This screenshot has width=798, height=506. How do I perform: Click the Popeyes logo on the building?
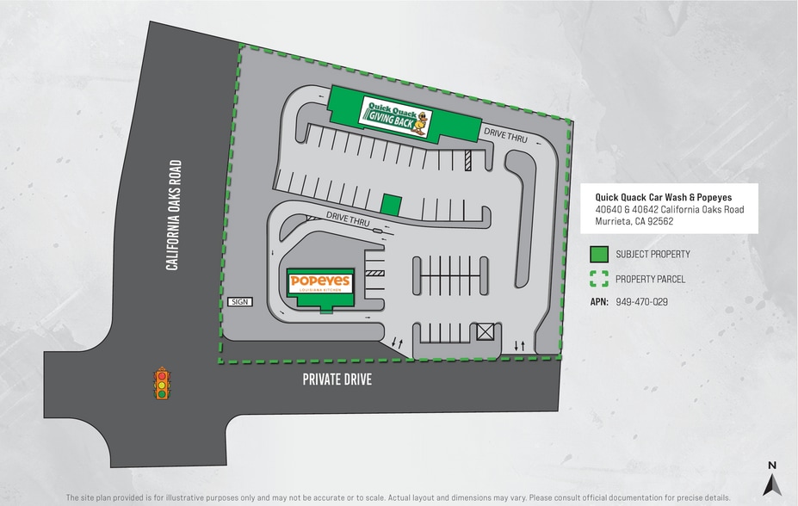319,283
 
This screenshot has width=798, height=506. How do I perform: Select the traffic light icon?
161,383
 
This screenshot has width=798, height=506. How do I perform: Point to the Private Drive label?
337,379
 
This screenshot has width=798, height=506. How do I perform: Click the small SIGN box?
238,302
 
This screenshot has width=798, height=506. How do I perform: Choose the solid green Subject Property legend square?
600,255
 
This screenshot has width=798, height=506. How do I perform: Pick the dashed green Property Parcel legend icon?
600,279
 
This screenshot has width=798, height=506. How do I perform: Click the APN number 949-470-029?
641,302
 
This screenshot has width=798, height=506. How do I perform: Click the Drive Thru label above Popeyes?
348,219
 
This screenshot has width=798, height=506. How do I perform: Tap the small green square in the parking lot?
392,204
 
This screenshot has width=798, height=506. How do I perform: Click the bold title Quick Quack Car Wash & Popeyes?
664,197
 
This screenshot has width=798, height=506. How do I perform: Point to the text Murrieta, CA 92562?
634,221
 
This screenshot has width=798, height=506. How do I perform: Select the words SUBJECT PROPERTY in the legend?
653,255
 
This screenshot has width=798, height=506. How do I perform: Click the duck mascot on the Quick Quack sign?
419,127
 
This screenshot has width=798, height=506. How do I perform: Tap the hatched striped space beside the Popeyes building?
374,273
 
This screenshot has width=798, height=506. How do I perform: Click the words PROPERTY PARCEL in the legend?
650,279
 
